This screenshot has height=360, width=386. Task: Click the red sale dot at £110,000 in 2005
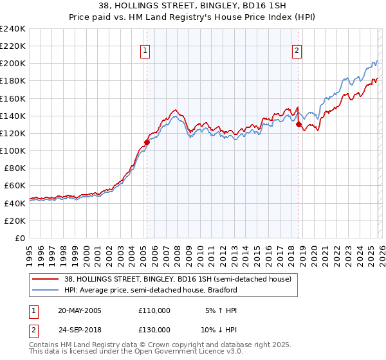pos(147,142)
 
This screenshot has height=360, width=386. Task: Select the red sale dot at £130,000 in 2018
pos(299,125)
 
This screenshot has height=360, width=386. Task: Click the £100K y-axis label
pos(13,150)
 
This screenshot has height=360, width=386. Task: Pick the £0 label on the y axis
pos(21,238)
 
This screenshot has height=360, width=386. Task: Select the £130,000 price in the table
pos(154,328)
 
